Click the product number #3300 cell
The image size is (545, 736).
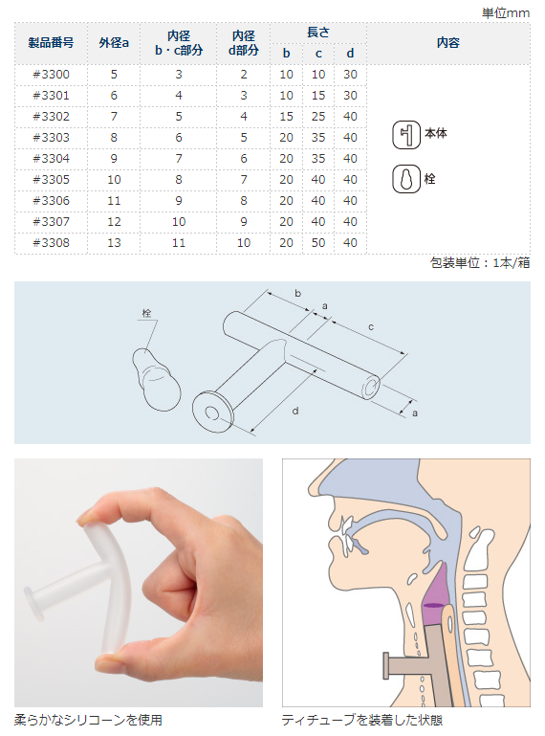[x=51, y=75]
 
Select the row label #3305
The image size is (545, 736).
[x=51, y=180]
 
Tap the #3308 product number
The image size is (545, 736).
[x=51, y=243]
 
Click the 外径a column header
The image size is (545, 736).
[x=114, y=43]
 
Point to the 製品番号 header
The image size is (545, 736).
[x=51, y=43]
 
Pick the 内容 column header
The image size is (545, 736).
[x=447, y=43]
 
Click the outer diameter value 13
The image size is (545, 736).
[x=114, y=243]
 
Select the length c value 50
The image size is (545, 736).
[x=318, y=243]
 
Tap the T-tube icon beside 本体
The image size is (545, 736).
[x=406, y=135]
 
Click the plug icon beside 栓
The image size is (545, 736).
[x=406, y=180]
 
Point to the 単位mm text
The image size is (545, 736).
[x=505, y=12]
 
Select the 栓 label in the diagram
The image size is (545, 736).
[x=147, y=313]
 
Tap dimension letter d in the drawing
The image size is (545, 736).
[x=295, y=410]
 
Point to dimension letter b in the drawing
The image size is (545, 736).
[x=298, y=292]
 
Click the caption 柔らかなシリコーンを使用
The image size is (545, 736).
[x=88, y=720]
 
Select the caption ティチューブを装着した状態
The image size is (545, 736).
[x=362, y=720]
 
